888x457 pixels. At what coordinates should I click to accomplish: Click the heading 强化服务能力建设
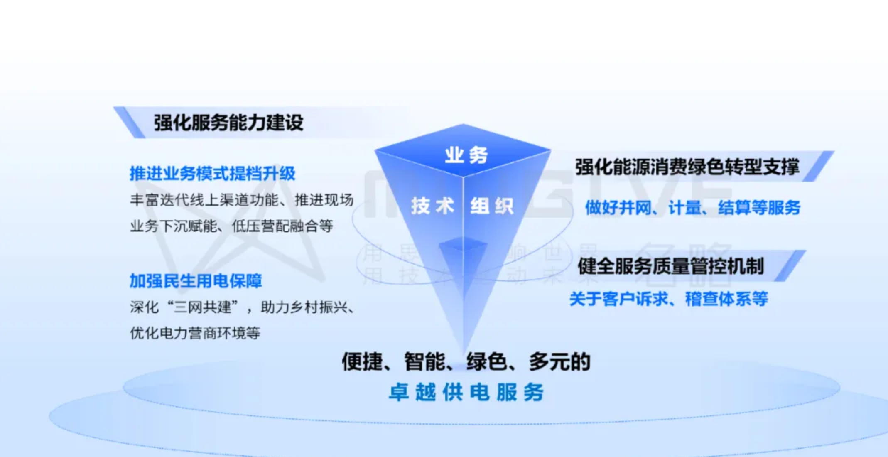click(x=228, y=123)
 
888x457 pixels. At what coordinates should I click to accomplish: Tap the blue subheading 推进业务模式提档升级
click(x=212, y=174)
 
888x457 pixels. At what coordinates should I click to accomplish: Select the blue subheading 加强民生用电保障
click(x=196, y=281)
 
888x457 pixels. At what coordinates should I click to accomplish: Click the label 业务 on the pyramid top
click(x=466, y=156)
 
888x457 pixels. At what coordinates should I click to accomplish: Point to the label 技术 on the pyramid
click(x=432, y=206)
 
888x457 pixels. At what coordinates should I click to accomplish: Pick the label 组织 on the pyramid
click(x=492, y=206)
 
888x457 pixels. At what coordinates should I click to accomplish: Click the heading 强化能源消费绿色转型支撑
click(x=687, y=167)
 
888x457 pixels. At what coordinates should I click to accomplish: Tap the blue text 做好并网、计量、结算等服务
click(x=692, y=208)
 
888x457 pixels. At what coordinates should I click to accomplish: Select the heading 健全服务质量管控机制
click(x=670, y=266)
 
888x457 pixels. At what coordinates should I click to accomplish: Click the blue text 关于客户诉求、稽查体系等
click(x=668, y=299)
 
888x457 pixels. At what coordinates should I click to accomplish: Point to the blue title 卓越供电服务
click(x=466, y=393)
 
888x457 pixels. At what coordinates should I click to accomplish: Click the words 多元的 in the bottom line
click(x=559, y=361)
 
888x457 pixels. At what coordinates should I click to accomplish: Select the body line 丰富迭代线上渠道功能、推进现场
click(x=241, y=200)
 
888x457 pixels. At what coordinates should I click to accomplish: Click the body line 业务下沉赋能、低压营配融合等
click(x=231, y=226)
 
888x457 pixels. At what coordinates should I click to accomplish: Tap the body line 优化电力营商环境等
click(x=195, y=333)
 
